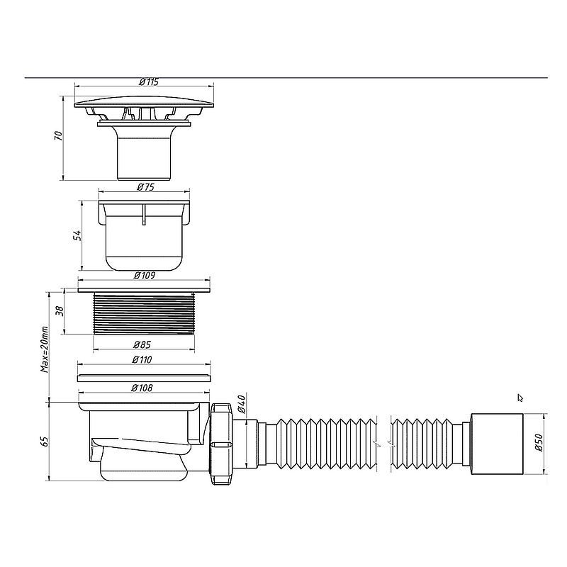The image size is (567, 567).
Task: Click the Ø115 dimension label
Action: tap(149, 82)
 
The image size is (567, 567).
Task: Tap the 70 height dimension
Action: tap(59, 136)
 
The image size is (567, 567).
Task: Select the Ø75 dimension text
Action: tap(146, 186)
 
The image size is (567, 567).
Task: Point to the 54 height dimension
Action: tap(77, 235)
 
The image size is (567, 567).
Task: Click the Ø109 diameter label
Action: tap(145, 276)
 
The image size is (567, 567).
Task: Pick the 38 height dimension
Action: tap(60, 311)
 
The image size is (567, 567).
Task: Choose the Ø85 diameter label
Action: tap(142, 344)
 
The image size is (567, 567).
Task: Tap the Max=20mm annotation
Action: tap(44, 349)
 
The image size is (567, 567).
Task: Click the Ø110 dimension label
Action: tap(142, 360)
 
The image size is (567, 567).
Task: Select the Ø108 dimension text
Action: tap(142, 388)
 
